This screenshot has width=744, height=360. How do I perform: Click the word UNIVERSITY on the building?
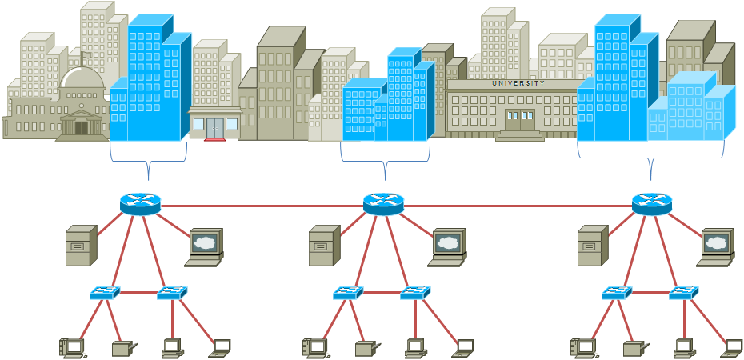coord(518,83)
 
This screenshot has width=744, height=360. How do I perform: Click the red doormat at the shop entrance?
coord(215,139)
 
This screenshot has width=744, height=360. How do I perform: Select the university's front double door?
coord(519,120)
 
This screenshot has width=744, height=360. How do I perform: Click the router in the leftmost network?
coord(141,204)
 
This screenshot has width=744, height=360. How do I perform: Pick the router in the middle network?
coord(384,204)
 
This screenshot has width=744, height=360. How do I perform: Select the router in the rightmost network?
coord(652,204)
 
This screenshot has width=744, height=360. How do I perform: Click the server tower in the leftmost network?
coord(81,246)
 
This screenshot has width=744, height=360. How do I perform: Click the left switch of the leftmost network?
coord(105,293)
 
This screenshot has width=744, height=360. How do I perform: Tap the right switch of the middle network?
coord(415,293)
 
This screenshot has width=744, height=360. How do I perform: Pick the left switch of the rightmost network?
coord(617,293)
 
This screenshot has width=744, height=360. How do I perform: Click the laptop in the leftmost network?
coord(220,347)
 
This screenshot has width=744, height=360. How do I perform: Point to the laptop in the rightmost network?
coord(732,347)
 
